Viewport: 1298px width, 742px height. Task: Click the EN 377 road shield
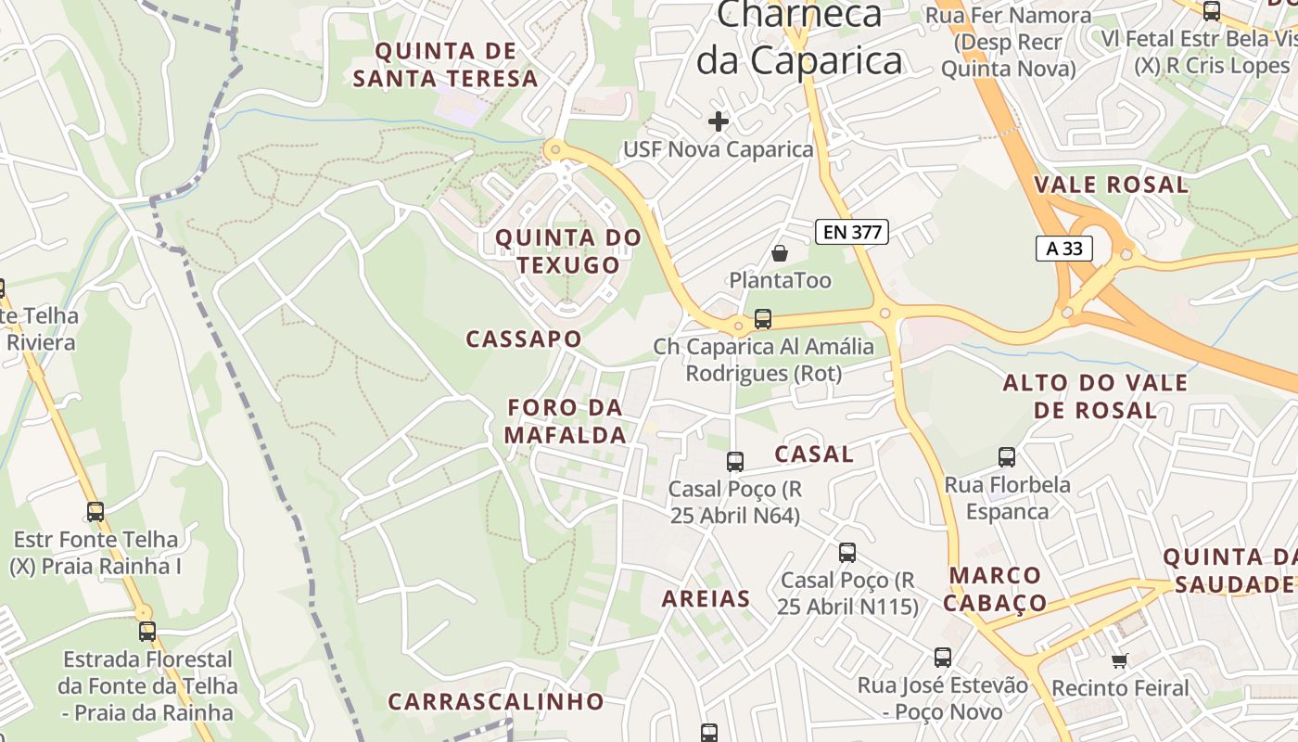coord(852,232)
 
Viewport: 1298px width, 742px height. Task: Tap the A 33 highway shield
coord(1063,248)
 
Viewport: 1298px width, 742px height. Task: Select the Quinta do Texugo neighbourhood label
coord(568,251)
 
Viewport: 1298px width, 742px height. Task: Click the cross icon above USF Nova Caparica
coord(718,121)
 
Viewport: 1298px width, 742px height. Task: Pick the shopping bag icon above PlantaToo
coord(780,253)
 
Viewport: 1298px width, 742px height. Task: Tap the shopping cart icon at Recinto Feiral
coord(1120,661)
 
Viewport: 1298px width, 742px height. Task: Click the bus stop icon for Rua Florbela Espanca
coord(1007,457)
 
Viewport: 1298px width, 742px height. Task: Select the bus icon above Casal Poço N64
coord(735,461)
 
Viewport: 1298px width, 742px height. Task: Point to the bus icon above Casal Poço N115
coord(847,553)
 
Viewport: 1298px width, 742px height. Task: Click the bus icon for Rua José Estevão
coord(943,658)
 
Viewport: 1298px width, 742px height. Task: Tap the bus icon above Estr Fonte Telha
coord(95,511)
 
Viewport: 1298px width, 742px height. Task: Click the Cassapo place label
coord(524,339)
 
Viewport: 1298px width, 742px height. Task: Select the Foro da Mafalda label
coord(566,421)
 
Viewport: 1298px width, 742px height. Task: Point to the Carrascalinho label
coord(496,701)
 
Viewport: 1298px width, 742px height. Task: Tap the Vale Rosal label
coord(1111,185)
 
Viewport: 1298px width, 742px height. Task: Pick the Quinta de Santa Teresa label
coord(446,65)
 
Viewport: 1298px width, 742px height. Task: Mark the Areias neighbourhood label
coord(706,599)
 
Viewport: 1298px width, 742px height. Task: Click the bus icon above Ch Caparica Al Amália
coord(763,319)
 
